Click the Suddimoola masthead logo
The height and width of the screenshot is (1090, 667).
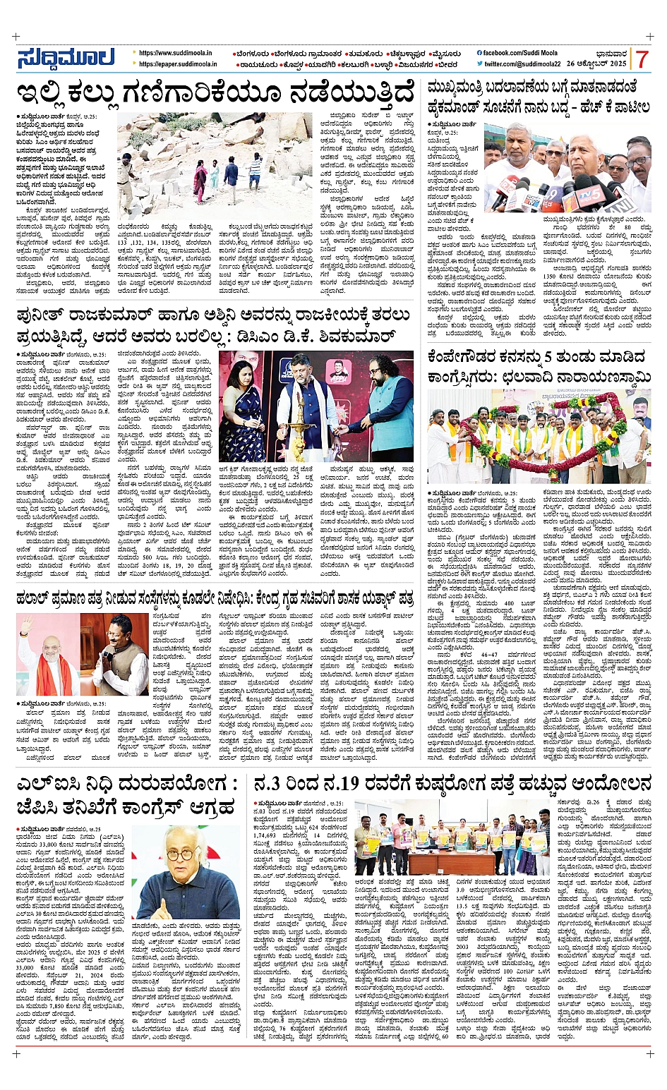point(66,58)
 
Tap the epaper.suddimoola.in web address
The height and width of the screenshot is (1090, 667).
point(178,64)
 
